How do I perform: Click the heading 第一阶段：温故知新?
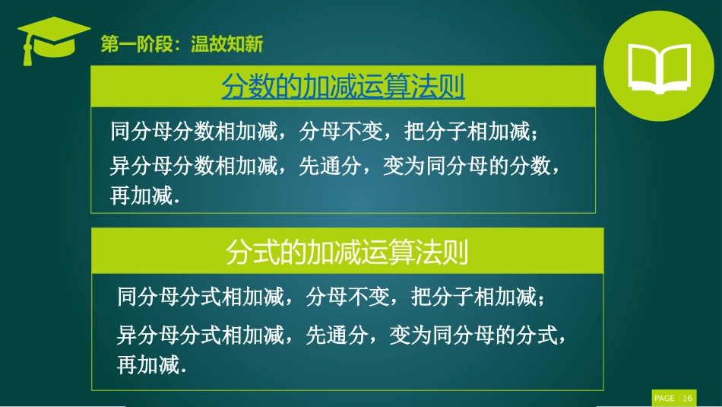click(182, 45)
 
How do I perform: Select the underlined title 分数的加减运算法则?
click(343, 87)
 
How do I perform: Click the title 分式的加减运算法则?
click(347, 253)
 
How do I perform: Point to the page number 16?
click(687, 399)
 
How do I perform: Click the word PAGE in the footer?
click(664, 399)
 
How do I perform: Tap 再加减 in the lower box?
click(150, 365)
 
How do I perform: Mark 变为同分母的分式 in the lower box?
click(474, 334)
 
